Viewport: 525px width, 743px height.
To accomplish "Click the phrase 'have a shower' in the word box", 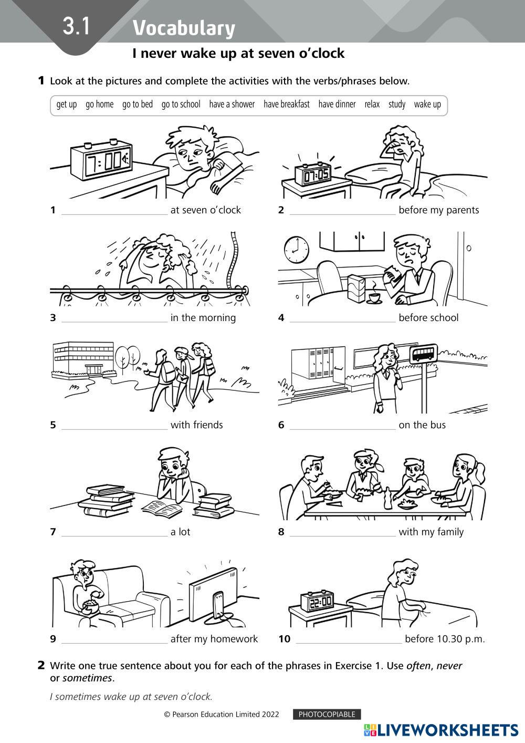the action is [x=232, y=105].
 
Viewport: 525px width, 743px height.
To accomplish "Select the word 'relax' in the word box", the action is [x=372, y=105].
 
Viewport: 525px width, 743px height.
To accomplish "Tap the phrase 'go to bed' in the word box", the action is [x=138, y=105].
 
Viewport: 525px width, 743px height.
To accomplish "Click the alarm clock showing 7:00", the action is [x=101, y=161].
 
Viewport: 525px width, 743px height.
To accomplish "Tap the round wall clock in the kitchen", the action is [x=297, y=250].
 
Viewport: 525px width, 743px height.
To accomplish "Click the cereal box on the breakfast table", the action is [x=356, y=288].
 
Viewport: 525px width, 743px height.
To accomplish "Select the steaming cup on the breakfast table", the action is [x=374, y=297].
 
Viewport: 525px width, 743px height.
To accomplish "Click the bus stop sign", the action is [x=423, y=354].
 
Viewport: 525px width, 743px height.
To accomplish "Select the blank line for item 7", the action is [x=114, y=535].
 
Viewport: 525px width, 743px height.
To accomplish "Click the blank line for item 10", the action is [x=349, y=643].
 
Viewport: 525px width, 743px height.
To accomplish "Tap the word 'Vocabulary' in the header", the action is [x=184, y=28].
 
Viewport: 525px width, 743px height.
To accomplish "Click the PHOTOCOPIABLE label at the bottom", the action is [x=327, y=714].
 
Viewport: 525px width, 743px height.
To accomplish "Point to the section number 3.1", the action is [x=76, y=26].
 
